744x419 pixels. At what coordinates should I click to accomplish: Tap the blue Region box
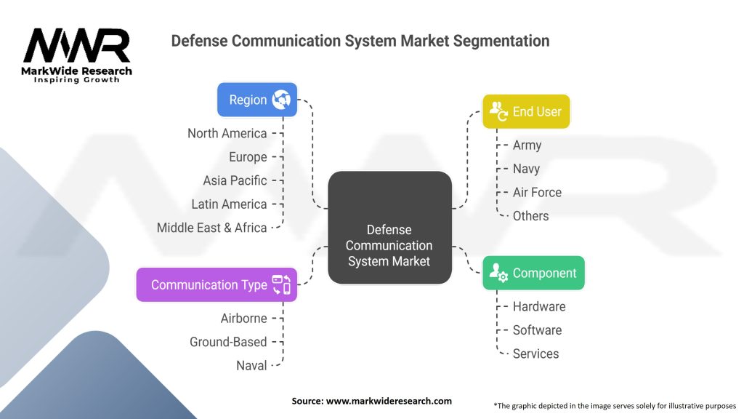257,100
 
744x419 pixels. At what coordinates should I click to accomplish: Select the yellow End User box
526,111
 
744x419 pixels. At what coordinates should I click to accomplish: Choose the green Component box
533,274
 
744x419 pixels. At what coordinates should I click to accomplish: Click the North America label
227,133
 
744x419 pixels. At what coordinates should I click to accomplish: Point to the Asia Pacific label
235,180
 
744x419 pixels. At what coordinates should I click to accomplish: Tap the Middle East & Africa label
212,228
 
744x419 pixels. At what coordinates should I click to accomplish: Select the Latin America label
230,204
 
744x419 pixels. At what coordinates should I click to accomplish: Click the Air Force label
537,192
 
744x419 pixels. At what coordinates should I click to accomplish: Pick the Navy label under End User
526,169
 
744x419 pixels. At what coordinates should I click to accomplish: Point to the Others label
530,216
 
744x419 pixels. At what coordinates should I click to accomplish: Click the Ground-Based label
228,342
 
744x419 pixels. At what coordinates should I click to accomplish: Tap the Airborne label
244,319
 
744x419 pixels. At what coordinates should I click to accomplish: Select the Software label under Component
537,330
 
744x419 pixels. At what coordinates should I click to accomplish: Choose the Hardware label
539,307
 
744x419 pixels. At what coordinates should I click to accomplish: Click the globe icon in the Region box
281,100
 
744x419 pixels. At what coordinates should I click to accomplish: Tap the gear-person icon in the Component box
498,274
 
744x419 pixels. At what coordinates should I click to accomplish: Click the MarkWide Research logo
77,55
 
